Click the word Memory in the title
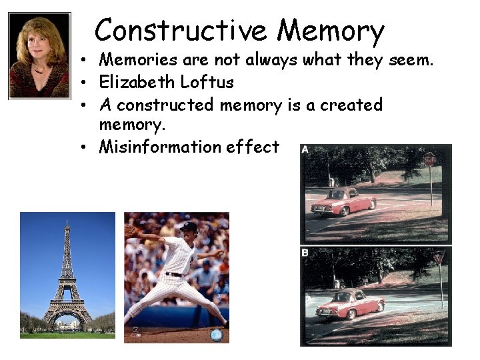(331, 31)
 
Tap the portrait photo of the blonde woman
(39, 56)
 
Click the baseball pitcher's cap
(189, 227)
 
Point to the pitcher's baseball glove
(131, 231)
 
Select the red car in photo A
(343, 201)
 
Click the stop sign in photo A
(430, 159)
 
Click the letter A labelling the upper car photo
(305, 149)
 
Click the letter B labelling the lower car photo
(305, 253)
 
